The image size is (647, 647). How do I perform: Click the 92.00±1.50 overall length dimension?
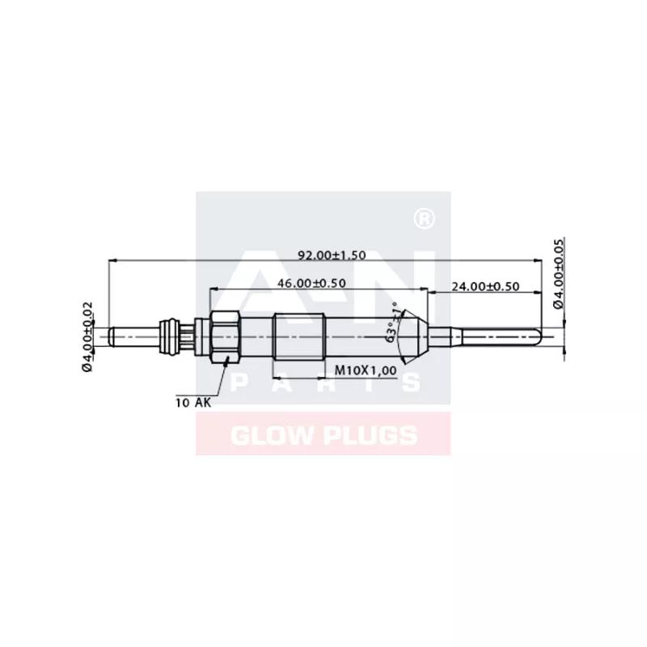332,255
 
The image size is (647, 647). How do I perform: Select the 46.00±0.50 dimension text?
312,283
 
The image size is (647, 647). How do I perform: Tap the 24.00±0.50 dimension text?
485,286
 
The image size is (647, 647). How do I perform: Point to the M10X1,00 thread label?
366,370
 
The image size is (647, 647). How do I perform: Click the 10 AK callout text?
192,401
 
